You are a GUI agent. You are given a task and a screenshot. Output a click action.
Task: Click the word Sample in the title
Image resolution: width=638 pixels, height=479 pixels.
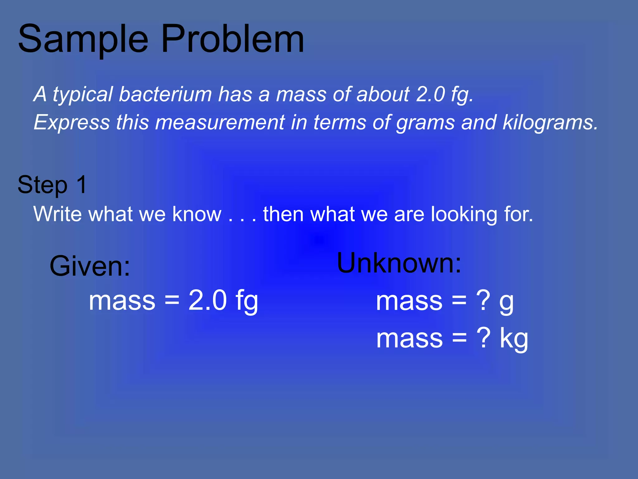(83, 40)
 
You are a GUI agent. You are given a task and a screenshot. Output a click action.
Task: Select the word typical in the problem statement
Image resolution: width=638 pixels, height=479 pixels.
(82, 95)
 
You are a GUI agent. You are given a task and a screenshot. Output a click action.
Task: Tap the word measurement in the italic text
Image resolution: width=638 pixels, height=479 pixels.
(220, 122)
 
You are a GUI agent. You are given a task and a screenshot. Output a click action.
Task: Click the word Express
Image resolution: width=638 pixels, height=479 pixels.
(72, 122)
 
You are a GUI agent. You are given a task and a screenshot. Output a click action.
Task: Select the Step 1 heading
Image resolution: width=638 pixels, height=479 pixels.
(52, 185)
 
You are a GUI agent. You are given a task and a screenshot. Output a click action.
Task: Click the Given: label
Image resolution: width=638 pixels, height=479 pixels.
(90, 266)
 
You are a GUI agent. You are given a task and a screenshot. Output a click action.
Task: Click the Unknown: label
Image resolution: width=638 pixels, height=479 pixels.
(399, 263)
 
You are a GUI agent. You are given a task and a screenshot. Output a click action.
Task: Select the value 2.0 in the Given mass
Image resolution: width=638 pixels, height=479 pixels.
(207, 300)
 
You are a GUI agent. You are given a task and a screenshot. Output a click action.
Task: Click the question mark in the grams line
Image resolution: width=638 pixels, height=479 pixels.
(483, 301)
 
